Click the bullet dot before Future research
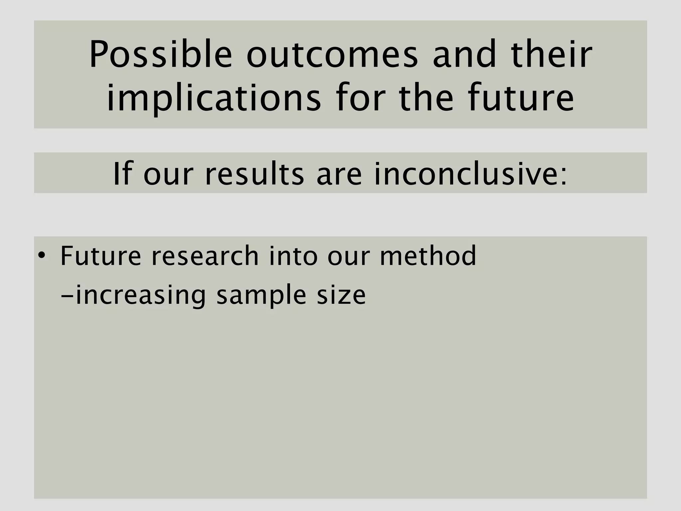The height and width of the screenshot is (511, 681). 41,256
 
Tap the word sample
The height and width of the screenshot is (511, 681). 261,295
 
